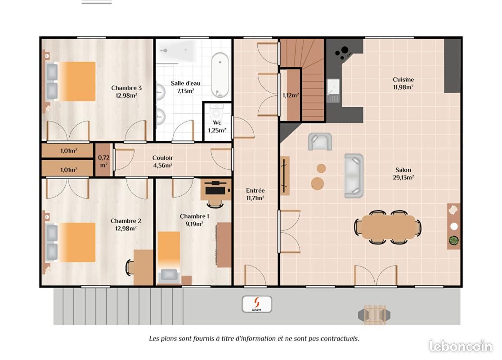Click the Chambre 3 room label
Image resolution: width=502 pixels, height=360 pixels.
click(x=126, y=88)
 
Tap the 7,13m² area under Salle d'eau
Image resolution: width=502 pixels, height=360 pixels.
click(x=186, y=91)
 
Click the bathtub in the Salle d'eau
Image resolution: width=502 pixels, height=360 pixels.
click(x=220, y=75)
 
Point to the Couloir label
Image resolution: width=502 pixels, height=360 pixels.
click(x=163, y=157)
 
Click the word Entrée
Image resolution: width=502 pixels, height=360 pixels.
click(x=255, y=190)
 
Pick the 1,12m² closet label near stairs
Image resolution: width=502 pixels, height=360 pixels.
click(x=291, y=95)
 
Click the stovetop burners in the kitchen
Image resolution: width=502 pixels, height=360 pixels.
click(x=343, y=53)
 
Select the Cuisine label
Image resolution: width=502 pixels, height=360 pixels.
click(x=403, y=80)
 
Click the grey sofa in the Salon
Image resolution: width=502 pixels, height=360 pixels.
click(x=354, y=175)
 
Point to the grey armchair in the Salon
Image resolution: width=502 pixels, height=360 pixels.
click(x=320, y=142)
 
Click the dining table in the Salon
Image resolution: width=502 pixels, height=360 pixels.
click(x=388, y=227)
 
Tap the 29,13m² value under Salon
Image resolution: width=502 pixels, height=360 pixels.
click(x=403, y=177)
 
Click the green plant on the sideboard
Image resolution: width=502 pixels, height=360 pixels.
click(x=454, y=240)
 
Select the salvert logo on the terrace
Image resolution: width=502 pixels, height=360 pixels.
click(x=257, y=304)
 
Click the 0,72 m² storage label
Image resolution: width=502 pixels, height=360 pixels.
click(x=104, y=161)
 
